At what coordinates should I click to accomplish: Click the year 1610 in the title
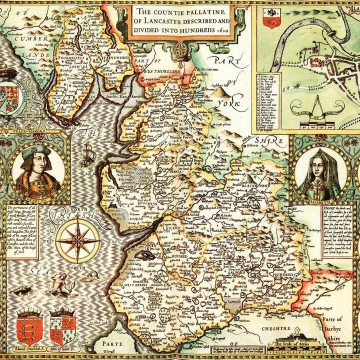click(x=223, y=30)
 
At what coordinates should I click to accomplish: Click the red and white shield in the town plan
click(x=272, y=18)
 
